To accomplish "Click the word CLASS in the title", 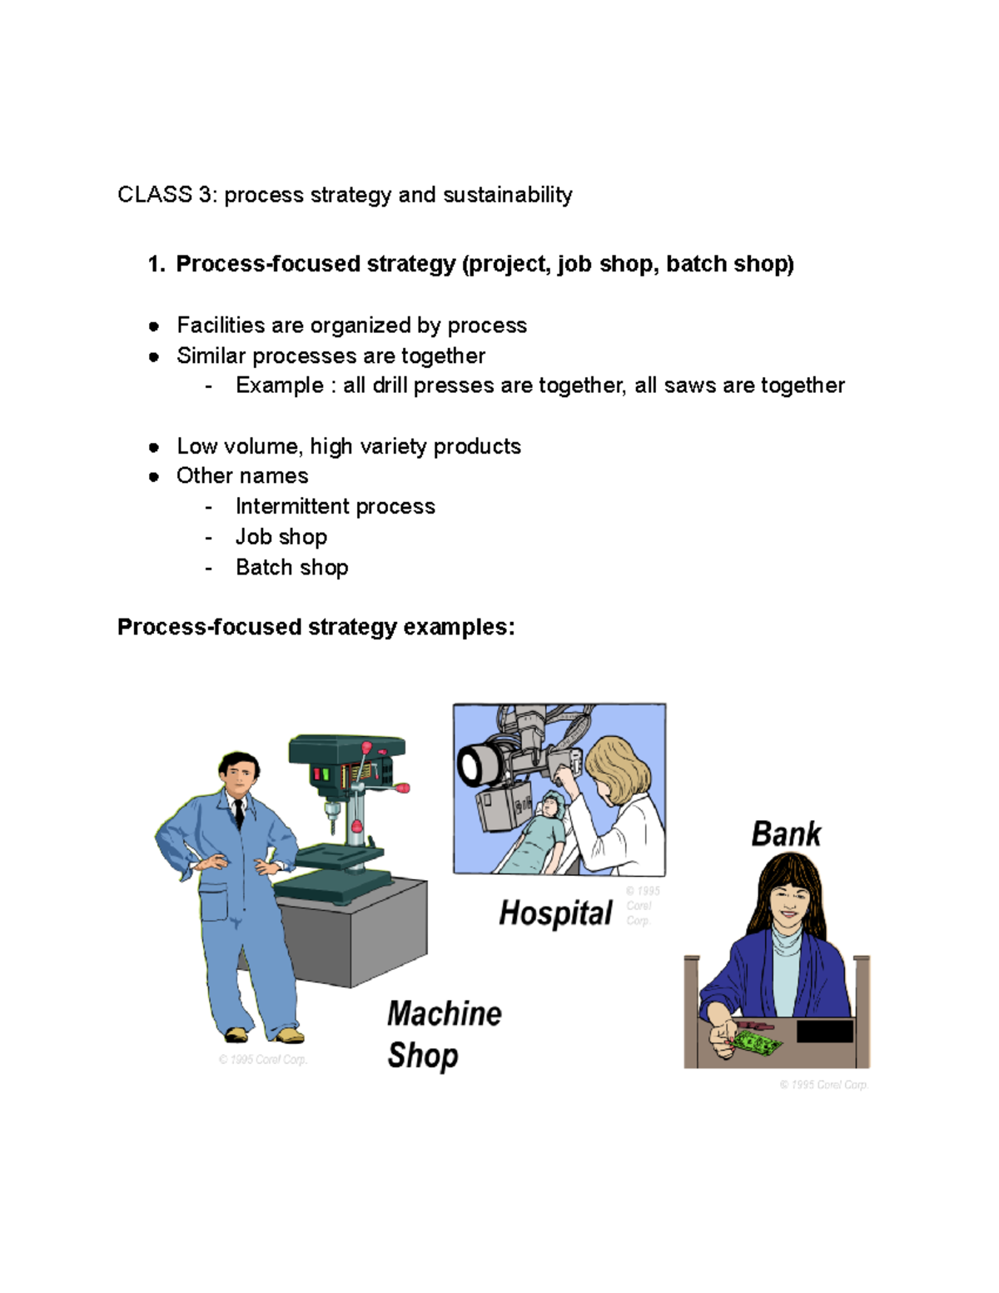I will click(x=155, y=195).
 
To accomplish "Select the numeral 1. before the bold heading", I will click(x=157, y=264).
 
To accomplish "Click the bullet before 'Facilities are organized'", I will click(x=154, y=326).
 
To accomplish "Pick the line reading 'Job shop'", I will click(x=281, y=537).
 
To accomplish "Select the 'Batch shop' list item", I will click(x=291, y=568).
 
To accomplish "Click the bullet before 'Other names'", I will click(x=154, y=477).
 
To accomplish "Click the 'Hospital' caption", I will click(x=555, y=913).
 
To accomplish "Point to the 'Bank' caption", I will click(x=786, y=833).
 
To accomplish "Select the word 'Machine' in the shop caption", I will click(x=445, y=1014).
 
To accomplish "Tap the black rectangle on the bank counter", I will click(x=824, y=1031).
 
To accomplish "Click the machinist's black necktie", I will click(x=239, y=813).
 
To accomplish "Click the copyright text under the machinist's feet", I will click(x=263, y=1060).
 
